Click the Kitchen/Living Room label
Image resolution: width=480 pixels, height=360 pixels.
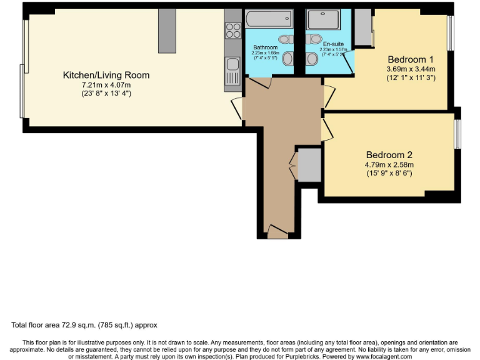point(106,75)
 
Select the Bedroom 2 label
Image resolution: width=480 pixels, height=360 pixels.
point(389,155)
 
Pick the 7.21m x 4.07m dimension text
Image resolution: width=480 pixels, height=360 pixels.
point(106,84)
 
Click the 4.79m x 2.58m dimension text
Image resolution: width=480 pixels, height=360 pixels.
point(389,165)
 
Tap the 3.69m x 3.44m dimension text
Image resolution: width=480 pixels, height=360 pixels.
point(411,69)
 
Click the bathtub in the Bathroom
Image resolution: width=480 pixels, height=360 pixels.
point(264,18)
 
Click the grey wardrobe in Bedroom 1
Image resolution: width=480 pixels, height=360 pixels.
point(363,28)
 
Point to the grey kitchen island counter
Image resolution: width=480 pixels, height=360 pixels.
point(166,31)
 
